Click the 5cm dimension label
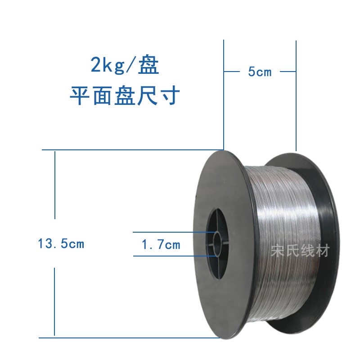click(260, 72)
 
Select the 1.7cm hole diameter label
click(161, 245)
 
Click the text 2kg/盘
click(125, 67)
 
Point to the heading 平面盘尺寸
click(125, 96)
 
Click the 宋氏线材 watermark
click(300, 250)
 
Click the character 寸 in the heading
click(171, 96)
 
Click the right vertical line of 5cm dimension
click(296, 108)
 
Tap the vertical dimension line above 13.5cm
click(54, 184)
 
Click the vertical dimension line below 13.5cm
click(54, 301)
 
